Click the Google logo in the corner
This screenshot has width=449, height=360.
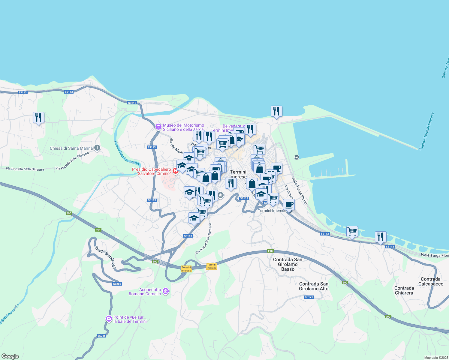[x=10, y=356]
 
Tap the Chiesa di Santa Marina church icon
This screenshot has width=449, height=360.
[x=97, y=148]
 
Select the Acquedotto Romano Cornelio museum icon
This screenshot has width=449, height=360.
[x=165, y=291]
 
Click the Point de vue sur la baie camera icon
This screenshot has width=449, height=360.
[x=109, y=319]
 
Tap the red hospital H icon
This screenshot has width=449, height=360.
[x=176, y=171]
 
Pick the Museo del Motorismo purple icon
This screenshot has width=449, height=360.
[x=158, y=127]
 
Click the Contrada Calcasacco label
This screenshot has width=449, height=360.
[x=431, y=281]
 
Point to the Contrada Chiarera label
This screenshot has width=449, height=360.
[x=404, y=290]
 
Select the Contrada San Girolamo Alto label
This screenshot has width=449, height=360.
[x=314, y=286]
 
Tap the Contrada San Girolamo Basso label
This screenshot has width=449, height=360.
[x=288, y=264]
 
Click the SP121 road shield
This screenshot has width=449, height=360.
[x=309, y=297]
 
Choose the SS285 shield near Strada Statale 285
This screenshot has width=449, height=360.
[x=117, y=283]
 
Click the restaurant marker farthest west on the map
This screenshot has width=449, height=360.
[x=38, y=117]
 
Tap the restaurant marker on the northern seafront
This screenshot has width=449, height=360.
[x=276, y=111]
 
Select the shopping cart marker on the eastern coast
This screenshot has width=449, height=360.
[x=352, y=232]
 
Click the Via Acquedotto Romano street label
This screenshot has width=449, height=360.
[x=204, y=238]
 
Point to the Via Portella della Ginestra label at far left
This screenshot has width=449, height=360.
[x=25, y=169]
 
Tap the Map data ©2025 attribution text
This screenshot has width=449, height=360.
[x=436, y=358]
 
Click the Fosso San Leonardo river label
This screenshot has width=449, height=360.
[x=127, y=153]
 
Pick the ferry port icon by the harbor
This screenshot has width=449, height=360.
[x=297, y=157]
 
